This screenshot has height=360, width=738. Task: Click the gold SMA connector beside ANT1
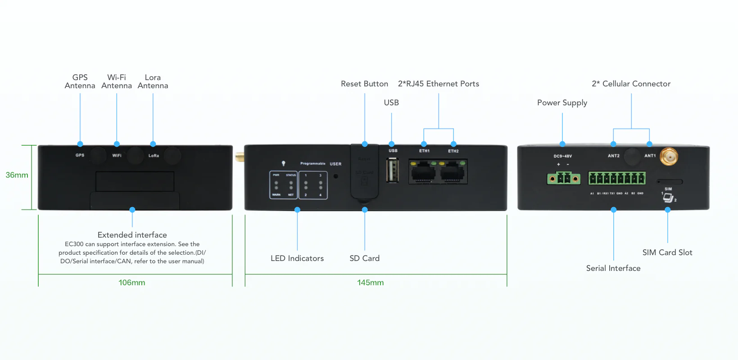669,157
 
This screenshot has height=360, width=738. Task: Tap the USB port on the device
392,171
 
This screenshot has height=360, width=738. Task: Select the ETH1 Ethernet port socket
422,172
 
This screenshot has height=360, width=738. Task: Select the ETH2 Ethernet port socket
453,172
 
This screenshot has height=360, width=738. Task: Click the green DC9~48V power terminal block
563,179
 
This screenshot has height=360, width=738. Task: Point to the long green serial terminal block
616,178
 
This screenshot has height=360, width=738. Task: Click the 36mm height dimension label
17,175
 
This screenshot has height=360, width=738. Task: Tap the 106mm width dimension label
132,283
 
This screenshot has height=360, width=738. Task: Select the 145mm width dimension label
370,283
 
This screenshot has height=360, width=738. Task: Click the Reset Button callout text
364,84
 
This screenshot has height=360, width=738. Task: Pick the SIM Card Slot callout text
667,252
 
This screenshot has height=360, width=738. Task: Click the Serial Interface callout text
613,268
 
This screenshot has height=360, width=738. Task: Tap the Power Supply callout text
562,103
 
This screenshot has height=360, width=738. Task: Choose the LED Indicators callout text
297,258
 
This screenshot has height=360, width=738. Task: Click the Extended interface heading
132,235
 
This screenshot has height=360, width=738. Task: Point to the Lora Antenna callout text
153,81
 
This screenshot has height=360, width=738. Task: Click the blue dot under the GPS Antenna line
80,144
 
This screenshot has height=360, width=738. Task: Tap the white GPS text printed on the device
80,155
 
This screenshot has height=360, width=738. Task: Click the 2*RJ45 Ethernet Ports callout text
438,84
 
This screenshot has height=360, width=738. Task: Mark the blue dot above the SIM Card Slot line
667,210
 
